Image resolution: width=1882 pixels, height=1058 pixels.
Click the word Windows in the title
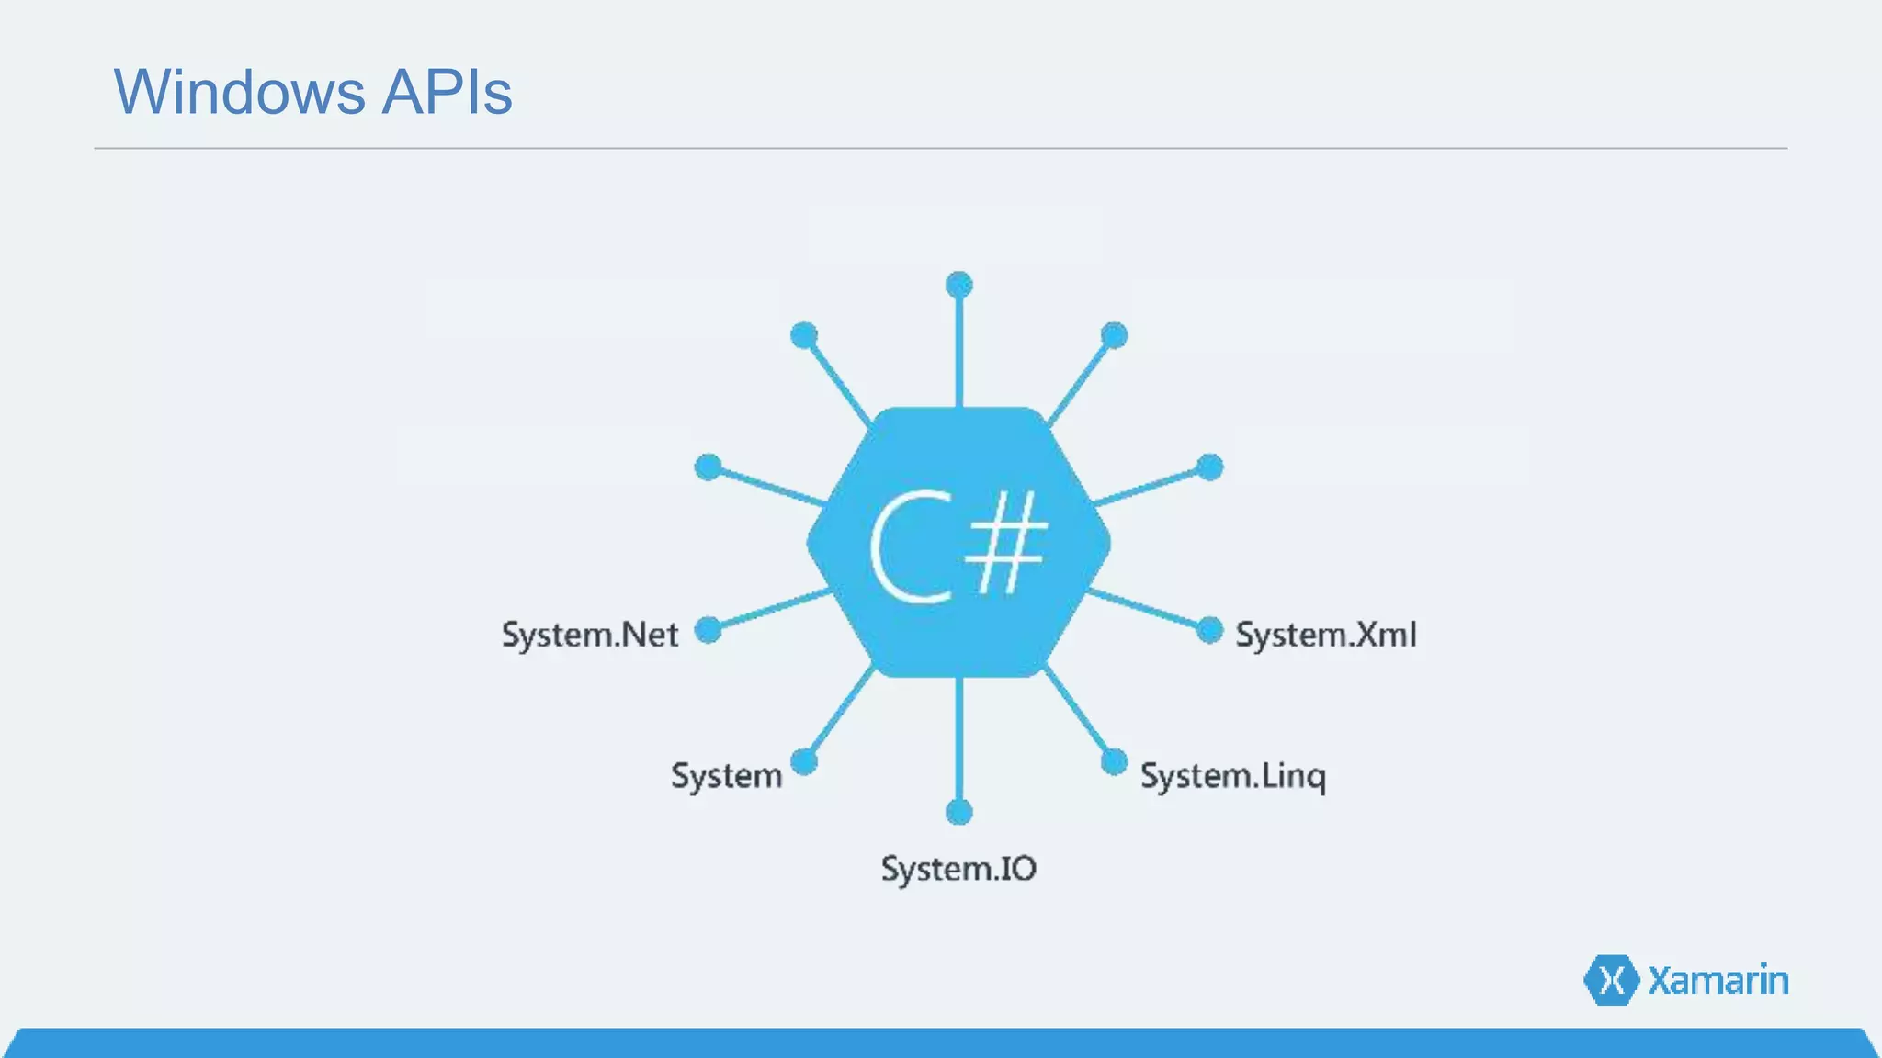[x=239, y=92]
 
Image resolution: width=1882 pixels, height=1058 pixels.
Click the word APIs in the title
[x=447, y=92]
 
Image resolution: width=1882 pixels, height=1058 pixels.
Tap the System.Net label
[x=589, y=635]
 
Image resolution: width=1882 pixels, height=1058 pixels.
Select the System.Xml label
[x=1325, y=635]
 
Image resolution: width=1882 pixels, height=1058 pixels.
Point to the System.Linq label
[x=1232, y=776]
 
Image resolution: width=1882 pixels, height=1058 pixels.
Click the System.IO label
[x=958, y=869]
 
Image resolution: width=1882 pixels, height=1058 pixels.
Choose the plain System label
[x=726, y=776]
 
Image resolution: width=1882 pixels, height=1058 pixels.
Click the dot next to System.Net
[x=708, y=630]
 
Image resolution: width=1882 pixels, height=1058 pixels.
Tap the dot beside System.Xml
[x=1209, y=630]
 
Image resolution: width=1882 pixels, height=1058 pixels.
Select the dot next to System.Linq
[x=1114, y=761]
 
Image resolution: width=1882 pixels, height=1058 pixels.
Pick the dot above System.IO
[x=958, y=812]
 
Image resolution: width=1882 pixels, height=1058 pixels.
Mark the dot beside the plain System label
[x=804, y=761]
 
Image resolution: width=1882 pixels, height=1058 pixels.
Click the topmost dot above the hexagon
[x=958, y=285]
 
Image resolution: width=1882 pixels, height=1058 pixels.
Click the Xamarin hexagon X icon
[x=1611, y=980]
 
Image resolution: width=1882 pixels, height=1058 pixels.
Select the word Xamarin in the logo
[x=1718, y=980]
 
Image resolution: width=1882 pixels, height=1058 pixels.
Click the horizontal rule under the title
[x=941, y=148]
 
